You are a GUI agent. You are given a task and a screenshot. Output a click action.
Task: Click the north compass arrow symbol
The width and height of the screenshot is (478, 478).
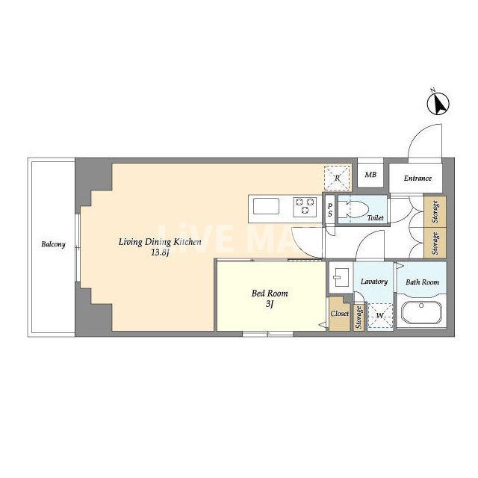coord(438,104)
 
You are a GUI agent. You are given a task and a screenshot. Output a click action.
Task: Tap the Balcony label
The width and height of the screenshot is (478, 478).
coord(53,244)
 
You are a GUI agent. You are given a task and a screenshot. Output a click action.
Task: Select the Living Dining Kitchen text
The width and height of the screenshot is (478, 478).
coord(160,242)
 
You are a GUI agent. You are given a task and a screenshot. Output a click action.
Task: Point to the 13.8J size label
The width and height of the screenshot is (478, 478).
coord(160,252)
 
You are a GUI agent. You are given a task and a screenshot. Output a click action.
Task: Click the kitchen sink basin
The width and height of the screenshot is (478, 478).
coord(266,206)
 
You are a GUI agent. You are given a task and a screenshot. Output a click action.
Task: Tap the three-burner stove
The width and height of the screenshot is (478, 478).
coord(305,207)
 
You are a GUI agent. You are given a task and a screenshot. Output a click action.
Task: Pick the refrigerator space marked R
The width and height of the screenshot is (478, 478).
coord(337,179)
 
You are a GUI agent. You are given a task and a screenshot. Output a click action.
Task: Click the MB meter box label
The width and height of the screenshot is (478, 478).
coord(370,175)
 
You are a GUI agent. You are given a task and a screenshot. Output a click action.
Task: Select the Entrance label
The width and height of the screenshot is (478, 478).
coord(418,179)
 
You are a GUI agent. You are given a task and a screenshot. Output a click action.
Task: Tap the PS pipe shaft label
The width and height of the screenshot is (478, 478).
coord(330,211)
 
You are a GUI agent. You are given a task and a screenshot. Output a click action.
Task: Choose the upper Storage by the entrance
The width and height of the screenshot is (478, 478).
coord(435,211)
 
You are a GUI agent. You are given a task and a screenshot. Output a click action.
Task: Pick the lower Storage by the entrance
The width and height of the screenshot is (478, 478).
coord(435,243)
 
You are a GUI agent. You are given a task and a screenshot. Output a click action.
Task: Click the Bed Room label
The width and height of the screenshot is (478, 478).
coord(270,294)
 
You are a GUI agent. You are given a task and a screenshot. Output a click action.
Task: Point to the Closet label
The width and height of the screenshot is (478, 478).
coord(340,314)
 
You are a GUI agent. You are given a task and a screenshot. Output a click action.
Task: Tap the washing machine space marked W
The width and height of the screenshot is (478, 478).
coord(380,316)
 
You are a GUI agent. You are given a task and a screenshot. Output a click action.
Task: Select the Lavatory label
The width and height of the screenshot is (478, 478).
coord(374,282)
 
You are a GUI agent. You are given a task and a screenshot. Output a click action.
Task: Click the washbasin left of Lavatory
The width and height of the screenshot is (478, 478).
coord(339,277)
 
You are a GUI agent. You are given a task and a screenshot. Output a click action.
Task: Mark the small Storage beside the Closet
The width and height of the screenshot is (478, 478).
coord(358,317)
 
